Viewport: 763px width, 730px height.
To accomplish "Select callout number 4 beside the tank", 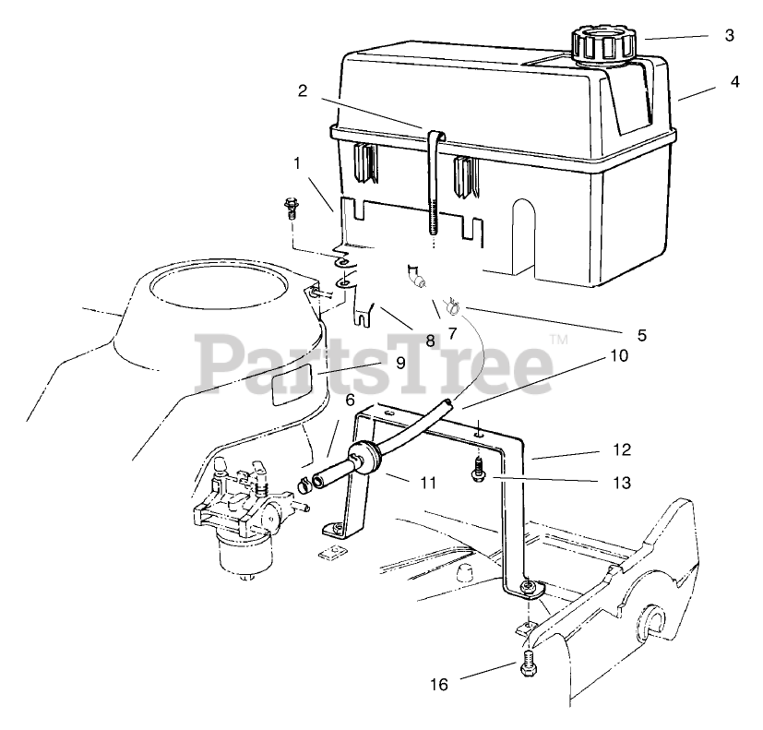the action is tap(733, 80).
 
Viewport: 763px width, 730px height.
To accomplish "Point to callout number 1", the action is tap(297, 163).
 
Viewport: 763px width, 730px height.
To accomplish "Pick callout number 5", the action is tap(640, 335).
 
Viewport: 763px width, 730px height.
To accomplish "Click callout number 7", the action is tap(452, 334).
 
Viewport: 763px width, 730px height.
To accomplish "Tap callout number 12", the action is tap(621, 449).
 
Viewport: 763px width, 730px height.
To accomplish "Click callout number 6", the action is tap(350, 400).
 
